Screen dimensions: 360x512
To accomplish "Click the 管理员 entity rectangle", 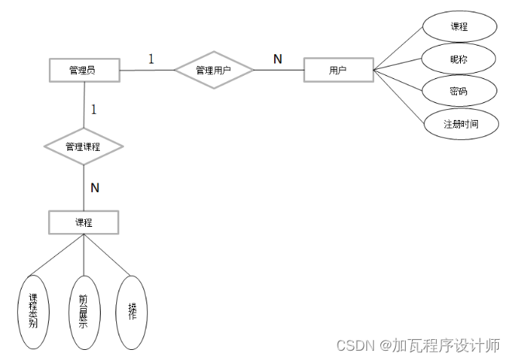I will (84, 70).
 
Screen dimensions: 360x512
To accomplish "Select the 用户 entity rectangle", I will (338, 70).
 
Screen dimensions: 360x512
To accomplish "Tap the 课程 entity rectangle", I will (84, 222).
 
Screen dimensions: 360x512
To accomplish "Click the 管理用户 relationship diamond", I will (214, 70).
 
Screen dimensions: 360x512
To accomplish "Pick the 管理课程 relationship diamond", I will (84, 146).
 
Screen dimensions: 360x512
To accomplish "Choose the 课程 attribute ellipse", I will (459, 26).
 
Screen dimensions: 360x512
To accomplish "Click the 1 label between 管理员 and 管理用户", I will (151, 59).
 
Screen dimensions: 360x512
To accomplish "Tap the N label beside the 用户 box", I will (277, 59).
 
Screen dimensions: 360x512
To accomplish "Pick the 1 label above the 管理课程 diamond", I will (94, 110).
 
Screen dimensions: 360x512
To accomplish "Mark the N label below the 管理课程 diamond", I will (94, 187).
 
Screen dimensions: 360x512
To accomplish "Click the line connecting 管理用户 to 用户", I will (279, 70).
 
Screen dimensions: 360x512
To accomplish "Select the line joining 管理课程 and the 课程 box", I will (84, 185).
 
